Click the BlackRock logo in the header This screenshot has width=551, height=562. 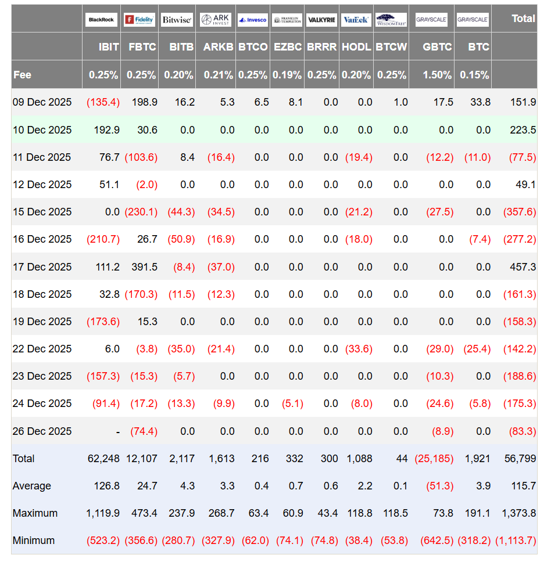[101, 20]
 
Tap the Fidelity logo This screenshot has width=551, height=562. [139, 20]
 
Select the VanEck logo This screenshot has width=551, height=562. [356, 20]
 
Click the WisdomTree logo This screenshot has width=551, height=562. [391, 20]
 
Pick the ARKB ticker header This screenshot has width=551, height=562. [218, 47]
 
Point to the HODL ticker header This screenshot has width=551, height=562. [356, 47]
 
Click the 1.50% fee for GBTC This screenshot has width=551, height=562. [437, 75]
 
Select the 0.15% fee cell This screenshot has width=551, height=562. [474, 75]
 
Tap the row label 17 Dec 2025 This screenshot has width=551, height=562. [42, 267]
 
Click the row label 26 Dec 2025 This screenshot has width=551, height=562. [42, 431]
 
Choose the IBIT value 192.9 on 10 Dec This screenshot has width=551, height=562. [106, 129]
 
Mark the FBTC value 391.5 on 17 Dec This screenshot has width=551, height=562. [144, 267]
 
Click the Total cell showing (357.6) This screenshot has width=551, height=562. [520, 212]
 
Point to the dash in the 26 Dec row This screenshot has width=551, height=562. [117, 433]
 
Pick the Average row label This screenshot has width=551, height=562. [31, 486]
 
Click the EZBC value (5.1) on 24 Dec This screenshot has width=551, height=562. [292, 404]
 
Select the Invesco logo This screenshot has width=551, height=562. [252, 20]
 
